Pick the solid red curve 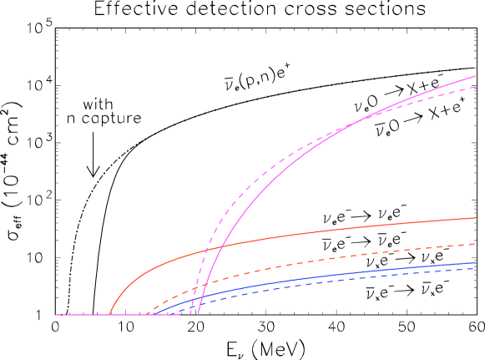point(334,229)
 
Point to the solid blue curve point(334,276)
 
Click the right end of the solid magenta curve point(475,77)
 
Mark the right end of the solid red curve point(475,218)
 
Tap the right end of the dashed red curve point(475,244)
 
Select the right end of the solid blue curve point(475,263)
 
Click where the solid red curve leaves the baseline point(109,315)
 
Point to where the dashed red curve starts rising point(147,315)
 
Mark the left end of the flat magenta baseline point(56,315)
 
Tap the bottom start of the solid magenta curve point(198,315)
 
